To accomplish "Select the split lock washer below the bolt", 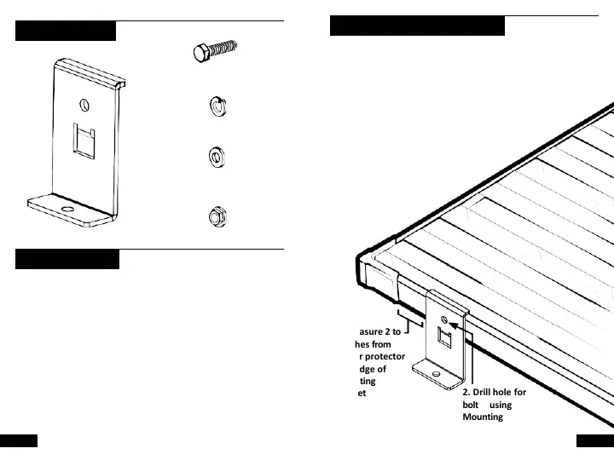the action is [x=217, y=106].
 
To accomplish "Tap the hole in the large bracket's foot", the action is [x=67, y=207].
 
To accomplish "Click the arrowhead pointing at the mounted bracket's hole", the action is [x=452, y=325].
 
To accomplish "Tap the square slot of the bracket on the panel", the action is [x=444, y=339].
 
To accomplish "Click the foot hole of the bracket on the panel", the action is [x=437, y=372].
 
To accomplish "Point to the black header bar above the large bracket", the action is [x=66, y=32].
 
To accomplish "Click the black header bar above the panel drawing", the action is [x=417, y=26].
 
